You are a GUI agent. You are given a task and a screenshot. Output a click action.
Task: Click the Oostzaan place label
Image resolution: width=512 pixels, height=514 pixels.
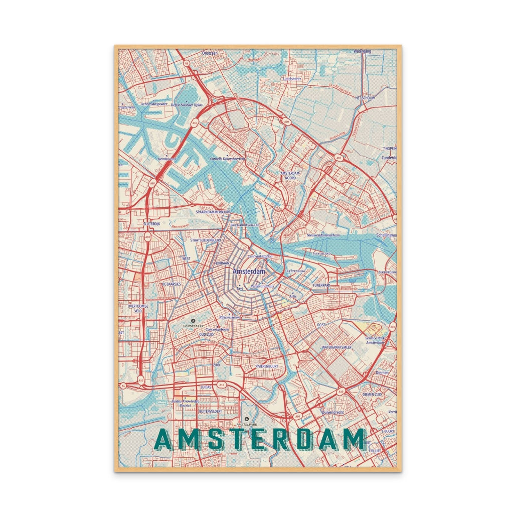tap(211, 52)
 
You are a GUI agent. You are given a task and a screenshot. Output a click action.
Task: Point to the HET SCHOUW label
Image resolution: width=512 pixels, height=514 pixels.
tap(365, 97)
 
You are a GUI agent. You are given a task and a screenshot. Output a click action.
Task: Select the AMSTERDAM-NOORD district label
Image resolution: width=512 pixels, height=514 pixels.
tap(291, 175)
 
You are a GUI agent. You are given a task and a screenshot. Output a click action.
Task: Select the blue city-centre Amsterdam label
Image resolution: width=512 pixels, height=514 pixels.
tap(248, 271)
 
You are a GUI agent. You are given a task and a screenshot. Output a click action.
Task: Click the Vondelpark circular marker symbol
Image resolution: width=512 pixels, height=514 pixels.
tap(193, 320)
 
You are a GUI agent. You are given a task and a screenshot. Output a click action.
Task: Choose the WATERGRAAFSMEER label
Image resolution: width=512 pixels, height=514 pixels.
tap(336, 347)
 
